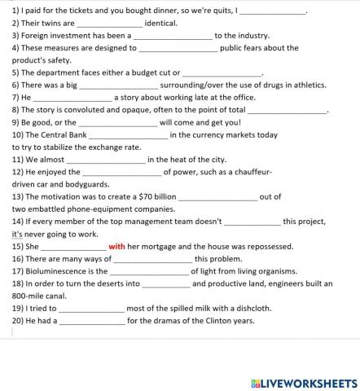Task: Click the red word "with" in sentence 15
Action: click(x=116, y=246)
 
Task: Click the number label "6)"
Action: click(x=15, y=85)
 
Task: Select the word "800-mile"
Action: click(x=29, y=296)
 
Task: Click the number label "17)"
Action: click(x=18, y=271)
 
